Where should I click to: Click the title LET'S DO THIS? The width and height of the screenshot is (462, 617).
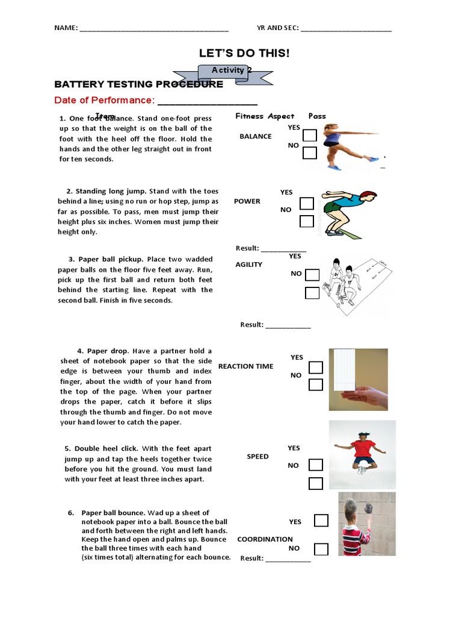(244, 54)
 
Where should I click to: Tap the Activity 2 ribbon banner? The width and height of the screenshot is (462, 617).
(232, 70)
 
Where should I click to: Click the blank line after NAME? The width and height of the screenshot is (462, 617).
(154, 28)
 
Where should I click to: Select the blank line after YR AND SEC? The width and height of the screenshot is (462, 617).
(346, 28)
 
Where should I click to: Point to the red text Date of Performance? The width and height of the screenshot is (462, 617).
(105, 99)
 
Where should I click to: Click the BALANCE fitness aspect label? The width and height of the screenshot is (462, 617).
(256, 136)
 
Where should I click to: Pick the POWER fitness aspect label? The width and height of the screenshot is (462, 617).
(247, 201)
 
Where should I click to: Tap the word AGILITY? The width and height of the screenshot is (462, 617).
(249, 265)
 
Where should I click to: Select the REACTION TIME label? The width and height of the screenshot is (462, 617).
(245, 366)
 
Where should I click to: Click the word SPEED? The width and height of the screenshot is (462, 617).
(257, 457)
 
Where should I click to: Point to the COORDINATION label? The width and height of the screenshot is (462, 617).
(265, 539)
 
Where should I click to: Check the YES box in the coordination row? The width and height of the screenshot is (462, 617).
(321, 521)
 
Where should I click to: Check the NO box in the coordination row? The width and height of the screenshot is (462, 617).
(321, 549)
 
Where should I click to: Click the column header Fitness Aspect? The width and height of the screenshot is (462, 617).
(265, 116)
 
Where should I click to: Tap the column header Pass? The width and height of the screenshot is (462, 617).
(317, 116)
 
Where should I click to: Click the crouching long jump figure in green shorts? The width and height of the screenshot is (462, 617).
(346, 211)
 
